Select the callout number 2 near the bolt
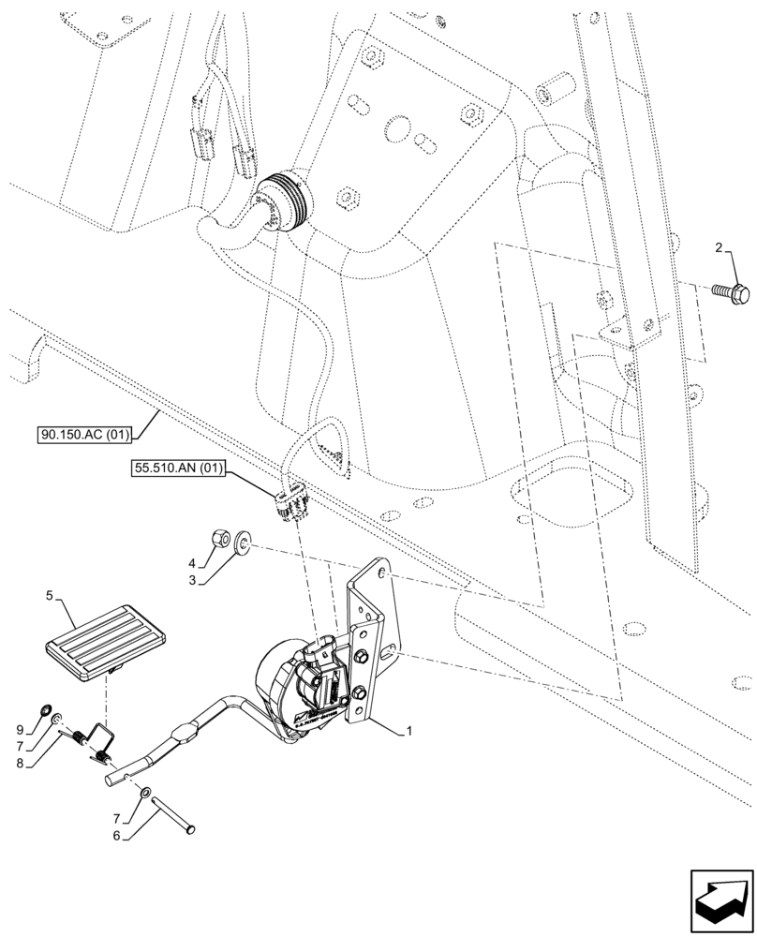719,248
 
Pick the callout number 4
192,563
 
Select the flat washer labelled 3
244,541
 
